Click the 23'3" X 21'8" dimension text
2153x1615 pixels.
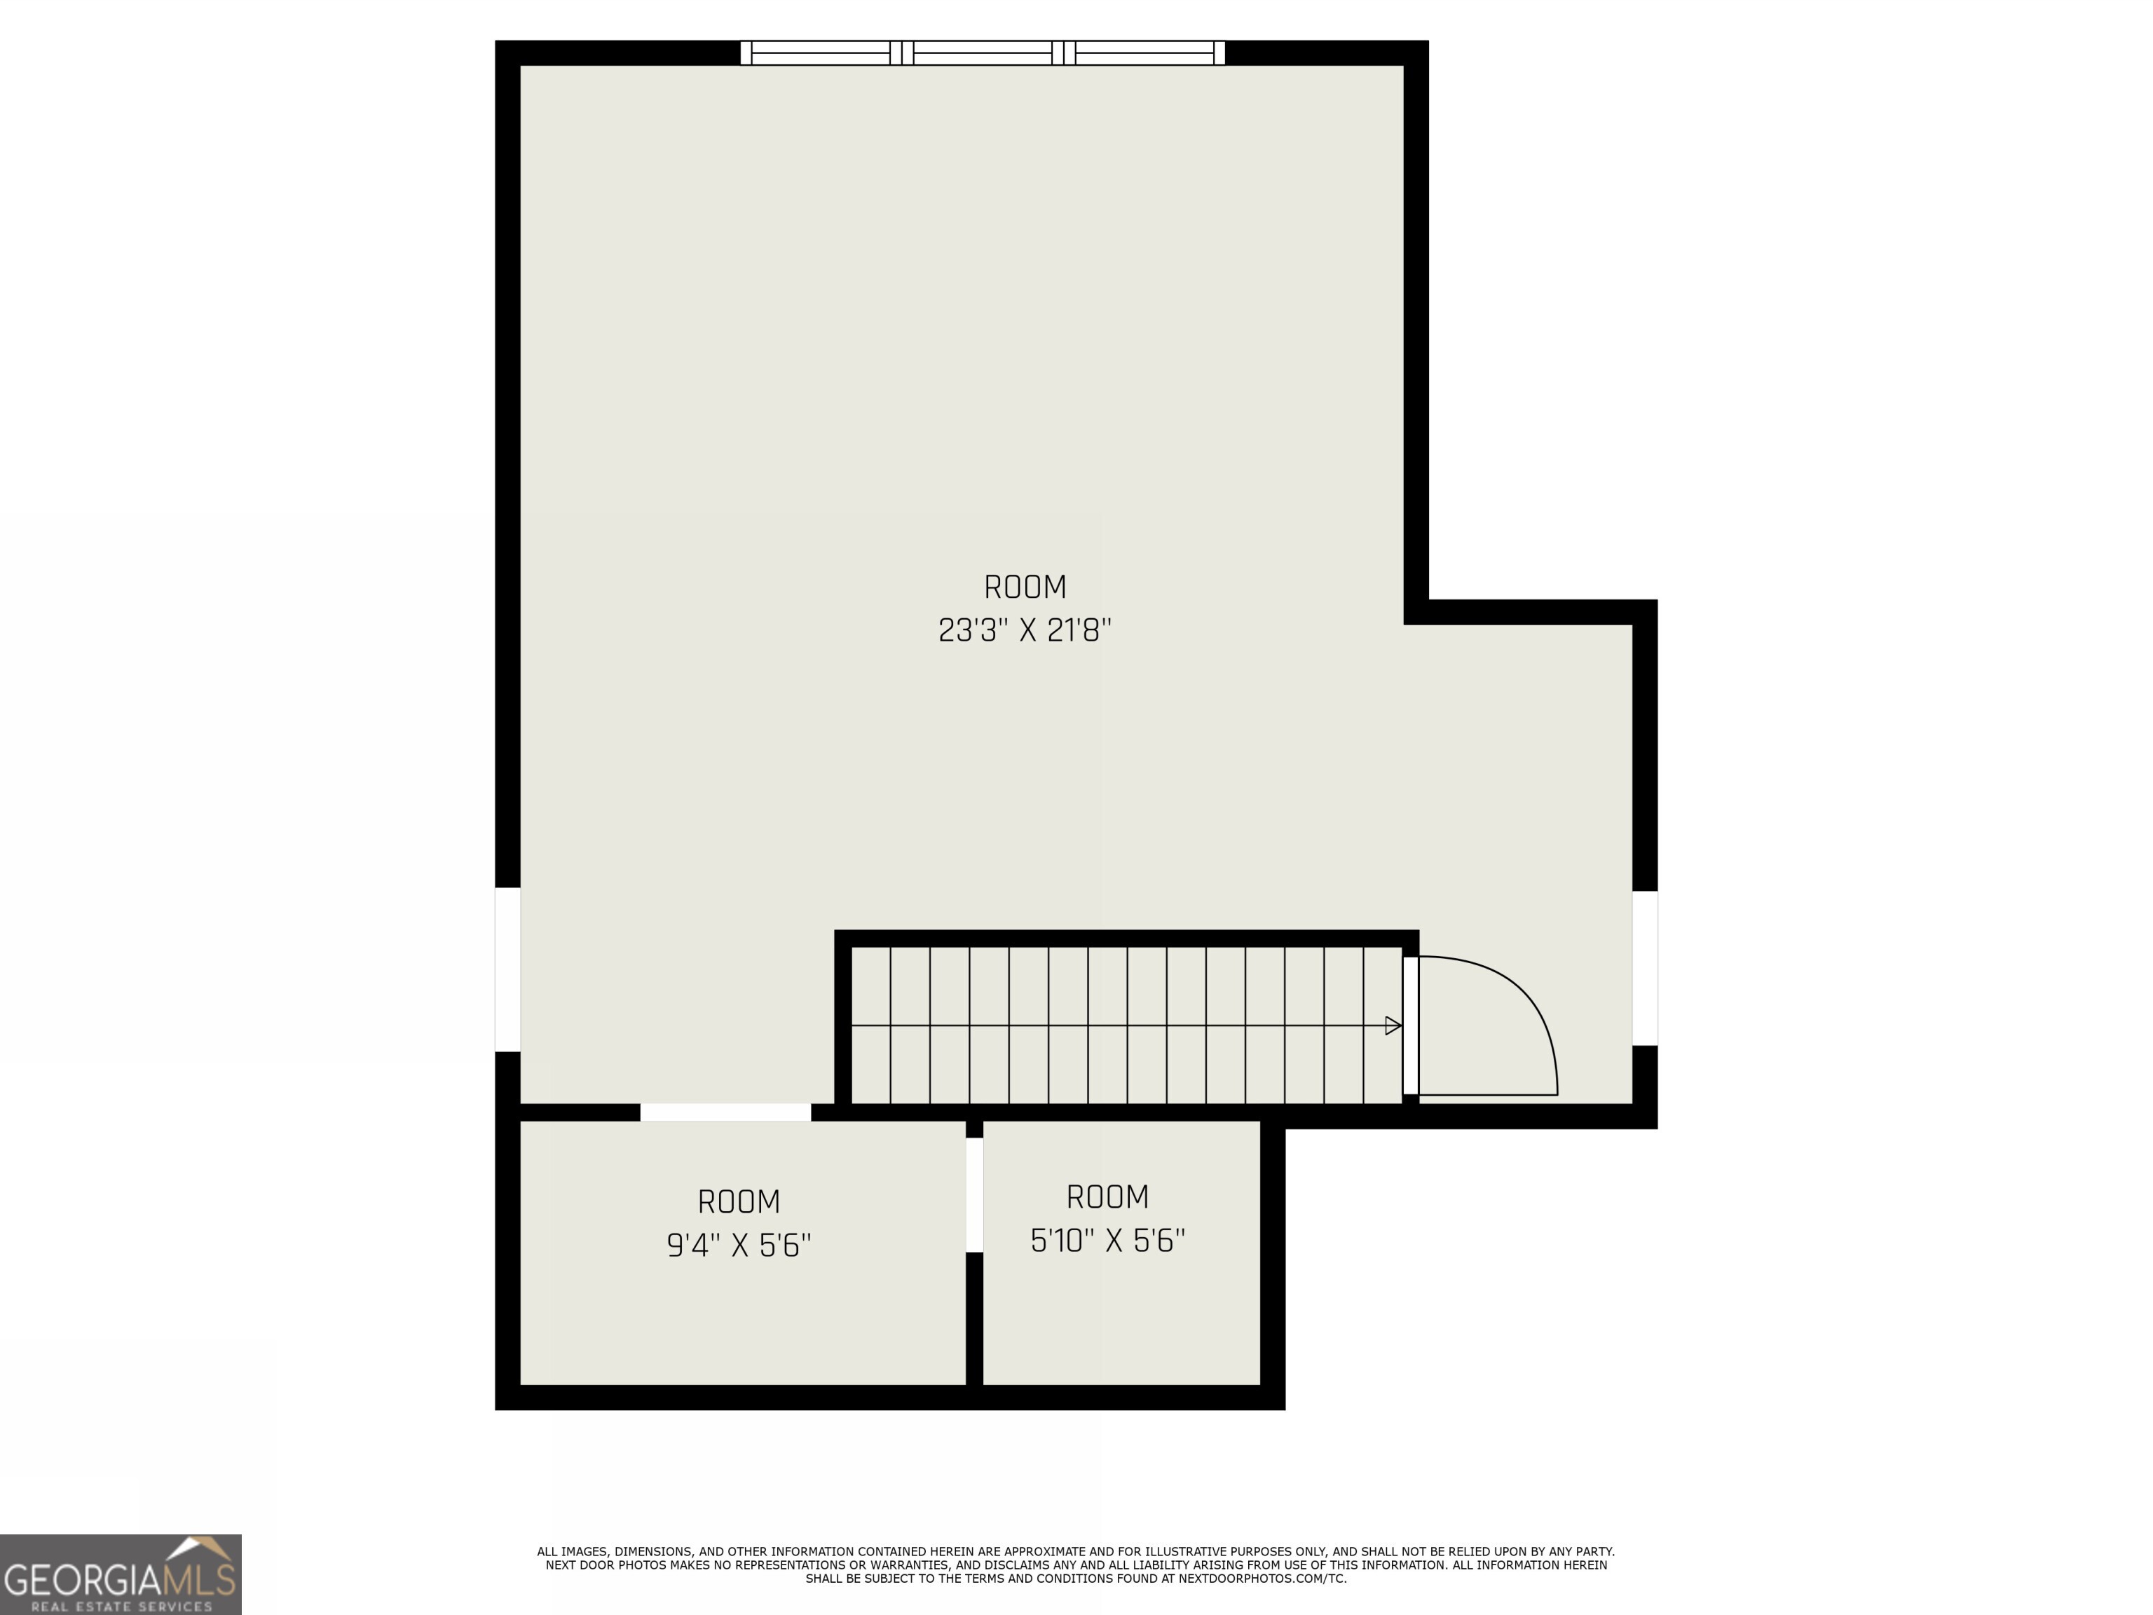click(1024, 631)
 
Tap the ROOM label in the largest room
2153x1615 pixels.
click(1024, 587)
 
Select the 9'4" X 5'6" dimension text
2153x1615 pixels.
click(739, 1245)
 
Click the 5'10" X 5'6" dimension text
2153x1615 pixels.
click(1107, 1240)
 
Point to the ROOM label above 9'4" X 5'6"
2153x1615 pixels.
click(739, 1201)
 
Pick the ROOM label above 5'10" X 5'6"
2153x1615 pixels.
click(1107, 1197)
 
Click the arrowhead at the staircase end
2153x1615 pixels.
click(1393, 1025)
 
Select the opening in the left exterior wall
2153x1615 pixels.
click(507, 969)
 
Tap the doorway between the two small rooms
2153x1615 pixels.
click(973, 1194)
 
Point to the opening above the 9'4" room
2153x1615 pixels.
click(725, 1112)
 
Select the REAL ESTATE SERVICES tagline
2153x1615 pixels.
click(121, 1605)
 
